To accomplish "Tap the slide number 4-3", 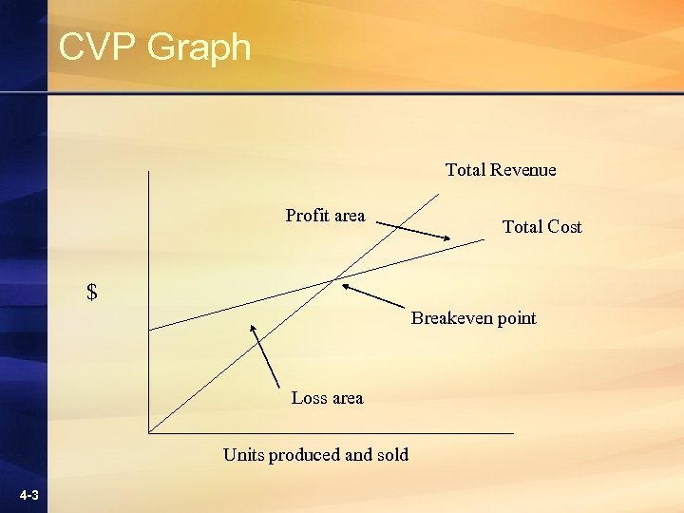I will pos(28,496).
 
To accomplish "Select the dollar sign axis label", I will pos(92,293).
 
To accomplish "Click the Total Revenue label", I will pos(501,170).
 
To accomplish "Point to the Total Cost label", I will pos(541,227).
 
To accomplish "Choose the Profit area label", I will pos(325,216).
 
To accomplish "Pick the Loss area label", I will pos(327,398).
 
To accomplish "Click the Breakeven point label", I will pos(473,318).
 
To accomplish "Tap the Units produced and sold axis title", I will pos(315,455).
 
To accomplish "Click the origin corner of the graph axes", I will pos(149,433).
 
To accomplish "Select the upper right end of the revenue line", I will pos(440,194).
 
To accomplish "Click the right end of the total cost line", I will pos(483,239).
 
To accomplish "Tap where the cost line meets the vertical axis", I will pos(149,330).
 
